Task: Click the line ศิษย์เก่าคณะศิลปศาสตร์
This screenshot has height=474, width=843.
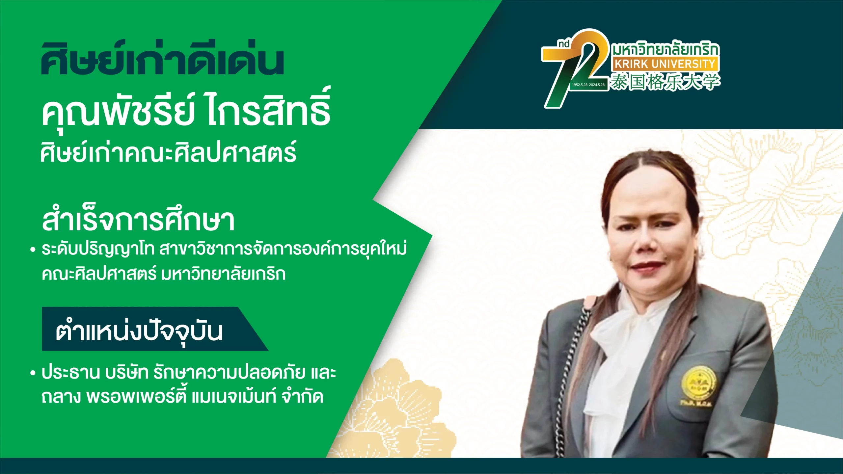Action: (x=168, y=151)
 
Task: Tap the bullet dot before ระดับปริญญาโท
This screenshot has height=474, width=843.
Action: (x=32, y=250)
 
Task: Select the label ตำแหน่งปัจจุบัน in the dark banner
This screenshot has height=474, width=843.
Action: (x=139, y=331)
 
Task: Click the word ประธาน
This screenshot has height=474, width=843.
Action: (x=70, y=373)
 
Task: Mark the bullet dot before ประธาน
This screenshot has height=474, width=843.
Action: (x=32, y=373)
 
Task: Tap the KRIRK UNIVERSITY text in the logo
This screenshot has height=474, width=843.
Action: (x=665, y=64)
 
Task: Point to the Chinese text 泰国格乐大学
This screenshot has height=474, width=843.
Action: (x=665, y=81)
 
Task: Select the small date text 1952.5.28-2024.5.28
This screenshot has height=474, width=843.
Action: (x=588, y=85)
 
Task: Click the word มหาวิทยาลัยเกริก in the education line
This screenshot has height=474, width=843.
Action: (x=223, y=274)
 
